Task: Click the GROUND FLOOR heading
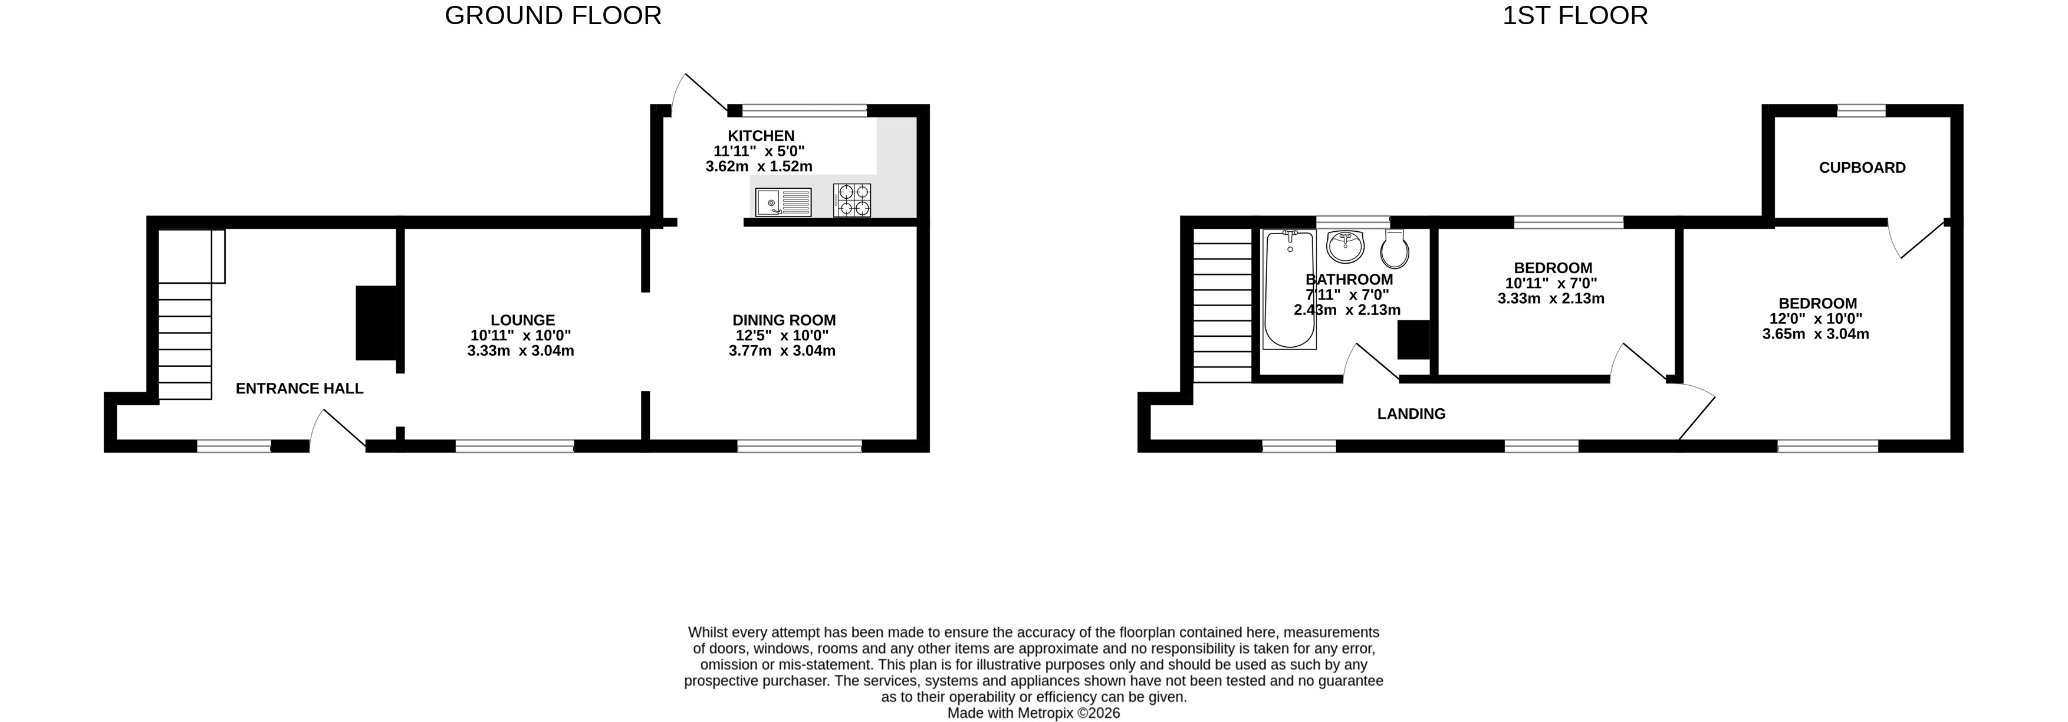pyautogui.click(x=553, y=15)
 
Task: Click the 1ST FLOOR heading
pyautogui.click(x=1575, y=15)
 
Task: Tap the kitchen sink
pyautogui.click(x=783, y=202)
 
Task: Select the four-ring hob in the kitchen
pyautogui.click(x=851, y=201)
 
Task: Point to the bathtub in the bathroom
pyautogui.click(x=1289, y=289)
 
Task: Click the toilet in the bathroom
pyautogui.click(x=1395, y=249)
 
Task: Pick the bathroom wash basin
pyautogui.click(x=1346, y=246)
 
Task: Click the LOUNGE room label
pyautogui.click(x=522, y=320)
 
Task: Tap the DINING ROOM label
pyautogui.click(x=784, y=320)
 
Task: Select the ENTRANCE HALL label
pyautogui.click(x=300, y=389)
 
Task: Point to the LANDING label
pyautogui.click(x=1411, y=413)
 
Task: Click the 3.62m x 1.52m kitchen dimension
pyautogui.click(x=759, y=166)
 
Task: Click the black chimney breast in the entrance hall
pyautogui.click(x=376, y=323)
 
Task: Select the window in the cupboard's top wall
pyautogui.click(x=1861, y=111)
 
